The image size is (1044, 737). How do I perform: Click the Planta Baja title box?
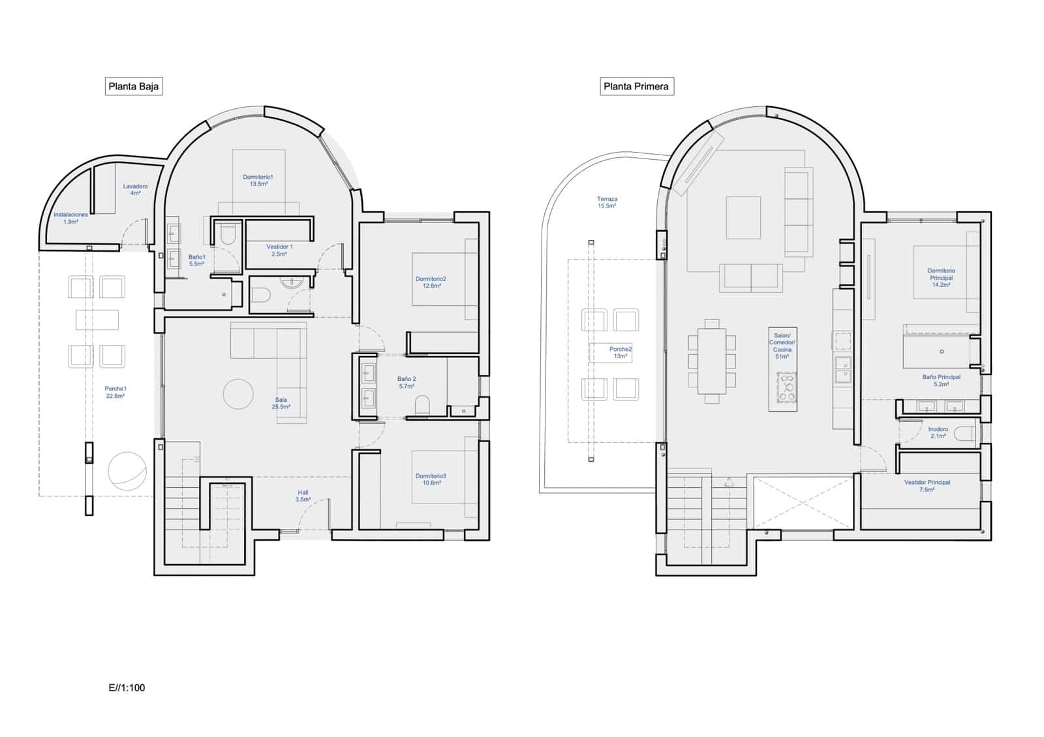pyautogui.click(x=133, y=86)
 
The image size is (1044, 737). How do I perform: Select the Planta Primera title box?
pyautogui.click(x=636, y=86)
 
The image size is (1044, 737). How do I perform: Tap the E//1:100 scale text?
pyautogui.click(x=127, y=687)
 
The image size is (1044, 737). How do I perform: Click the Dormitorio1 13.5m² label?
pyautogui.click(x=258, y=181)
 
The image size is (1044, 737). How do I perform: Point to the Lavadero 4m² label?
pyautogui.click(x=135, y=190)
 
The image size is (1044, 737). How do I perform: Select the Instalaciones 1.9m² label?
pyautogui.click(x=70, y=218)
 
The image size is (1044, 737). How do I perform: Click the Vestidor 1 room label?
pyautogui.click(x=279, y=250)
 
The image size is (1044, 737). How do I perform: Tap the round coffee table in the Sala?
pyautogui.click(x=238, y=394)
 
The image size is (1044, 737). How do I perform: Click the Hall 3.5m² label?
pyautogui.click(x=303, y=496)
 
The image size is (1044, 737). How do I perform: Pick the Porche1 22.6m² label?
pyautogui.click(x=115, y=392)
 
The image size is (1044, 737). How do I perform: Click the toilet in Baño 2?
pyautogui.click(x=423, y=405)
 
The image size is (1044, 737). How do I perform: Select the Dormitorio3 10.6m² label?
pyautogui.click(x=431, y=479)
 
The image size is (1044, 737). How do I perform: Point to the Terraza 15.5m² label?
pyautogui.click(x=607, y=202)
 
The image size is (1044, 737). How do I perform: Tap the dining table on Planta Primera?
pyautogui.click(x=712, y=361)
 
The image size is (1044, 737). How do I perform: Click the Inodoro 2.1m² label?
pyautogui.click(x=938, y=432)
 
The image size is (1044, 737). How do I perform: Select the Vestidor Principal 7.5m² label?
pyautogui.click(x=927, y=486)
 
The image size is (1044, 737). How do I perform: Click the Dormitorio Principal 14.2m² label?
pyautogui.click(x=941, y=277)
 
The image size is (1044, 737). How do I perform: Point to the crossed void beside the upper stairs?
pyautogui.click(x=803, y=502)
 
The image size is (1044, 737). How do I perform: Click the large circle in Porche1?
pyautogui.click(x=127, y=471)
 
